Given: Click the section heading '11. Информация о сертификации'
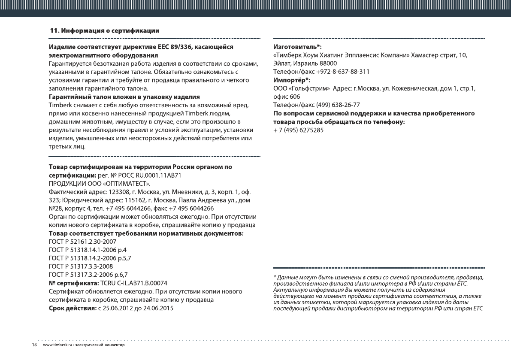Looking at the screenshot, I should tap(105, 31).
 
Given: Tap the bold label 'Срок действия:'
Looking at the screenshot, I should tap(72, 308).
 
